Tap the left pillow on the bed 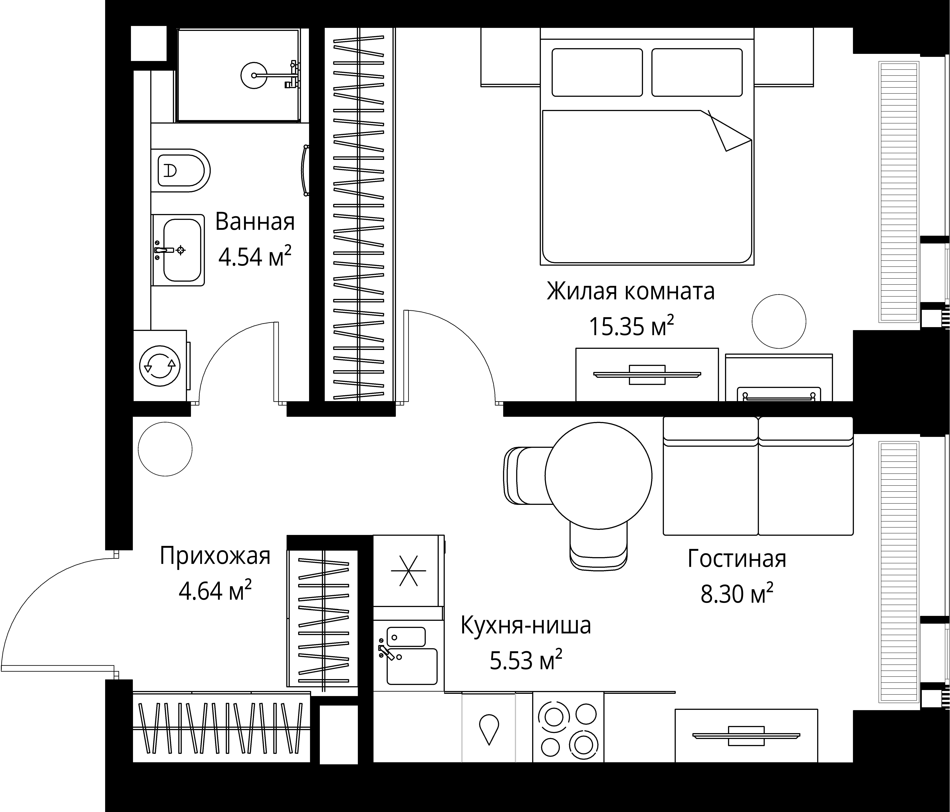pos(597,73)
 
